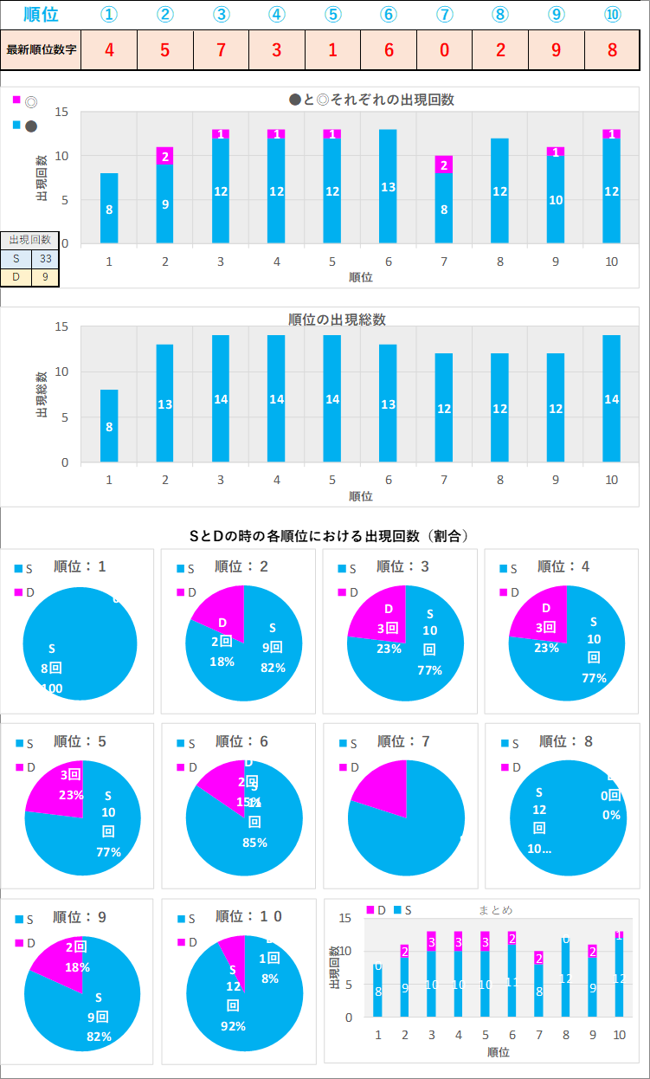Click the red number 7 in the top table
pyautogui.click(x=221, y=49)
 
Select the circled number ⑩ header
pyautogui.click(x=612, y=15)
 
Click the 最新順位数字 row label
pyautogui.click(x=42, y=49)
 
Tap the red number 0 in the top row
pyautogui.click(x=444, y=49)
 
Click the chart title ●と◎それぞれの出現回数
pyautogui.click(x=371, y=100)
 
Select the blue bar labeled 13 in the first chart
pyautogui.click(x=388, y=186)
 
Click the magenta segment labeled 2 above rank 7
pyautogui.click(x=444, y=165)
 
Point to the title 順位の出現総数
pyautogui.click(x=337, y=320)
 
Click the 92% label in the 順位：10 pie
pyautogui.click(x=234, y=1026)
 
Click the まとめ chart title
pyautogui.click(x=495, y=909)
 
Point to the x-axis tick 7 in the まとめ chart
pyautogui.click(x=538, y=1035)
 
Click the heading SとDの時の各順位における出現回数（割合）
pyautogui.click(x=329, y=536)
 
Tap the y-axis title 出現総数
pyautogui.click(x=42, y=394)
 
